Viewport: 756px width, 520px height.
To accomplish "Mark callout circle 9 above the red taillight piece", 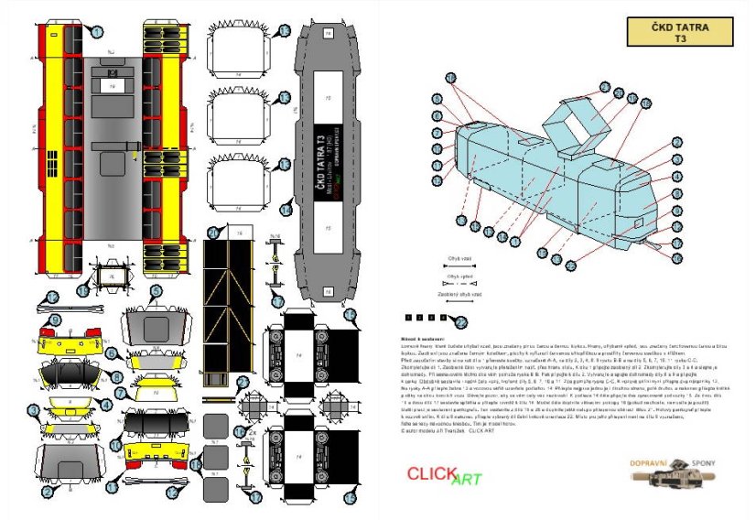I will [55, 320].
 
